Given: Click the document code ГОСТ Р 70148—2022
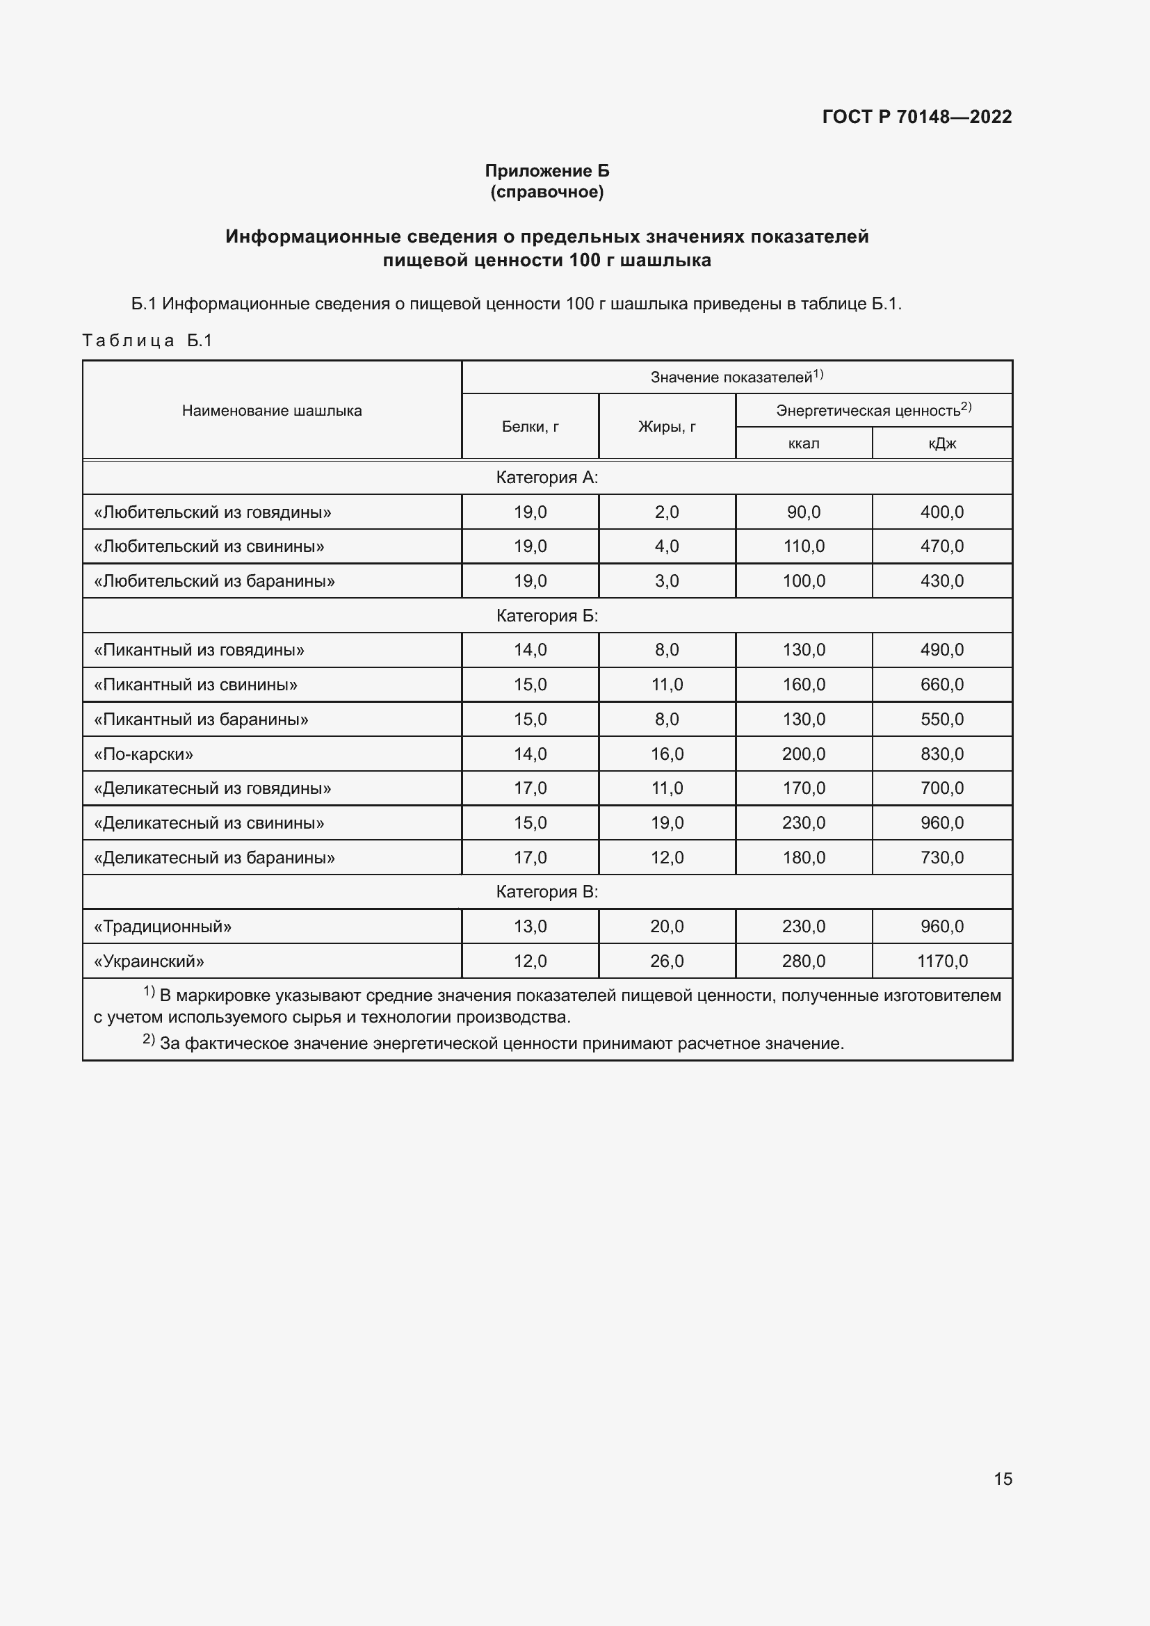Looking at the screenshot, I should click(916, 117).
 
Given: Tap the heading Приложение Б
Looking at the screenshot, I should click(546, 171).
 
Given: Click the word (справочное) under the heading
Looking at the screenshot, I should click(546, 192).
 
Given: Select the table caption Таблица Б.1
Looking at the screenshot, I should click(147, 341).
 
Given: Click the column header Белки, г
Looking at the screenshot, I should click(530, 426).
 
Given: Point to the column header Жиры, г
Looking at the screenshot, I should click(666, 426).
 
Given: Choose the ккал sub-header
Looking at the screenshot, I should click(803, 444).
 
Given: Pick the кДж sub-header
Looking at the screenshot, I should click(942, 444).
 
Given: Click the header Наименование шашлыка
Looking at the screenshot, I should click(271, 411).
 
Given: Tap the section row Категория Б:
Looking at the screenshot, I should click(546, 616).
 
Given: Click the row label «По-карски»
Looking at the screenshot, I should click(144, 754).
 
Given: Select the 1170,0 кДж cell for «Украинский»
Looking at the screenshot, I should click(942, 961).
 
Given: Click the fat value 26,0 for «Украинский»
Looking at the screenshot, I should click(666, 961).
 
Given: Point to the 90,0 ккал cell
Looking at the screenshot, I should click(803, 512).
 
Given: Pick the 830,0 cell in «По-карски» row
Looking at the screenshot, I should click(942, 754).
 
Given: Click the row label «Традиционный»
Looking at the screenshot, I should click(163, 926).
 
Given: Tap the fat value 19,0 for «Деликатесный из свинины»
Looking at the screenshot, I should click(666, 823).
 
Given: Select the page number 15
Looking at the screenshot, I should click(1003, 1479).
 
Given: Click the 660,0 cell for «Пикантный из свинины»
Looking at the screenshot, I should click(942, 685).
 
